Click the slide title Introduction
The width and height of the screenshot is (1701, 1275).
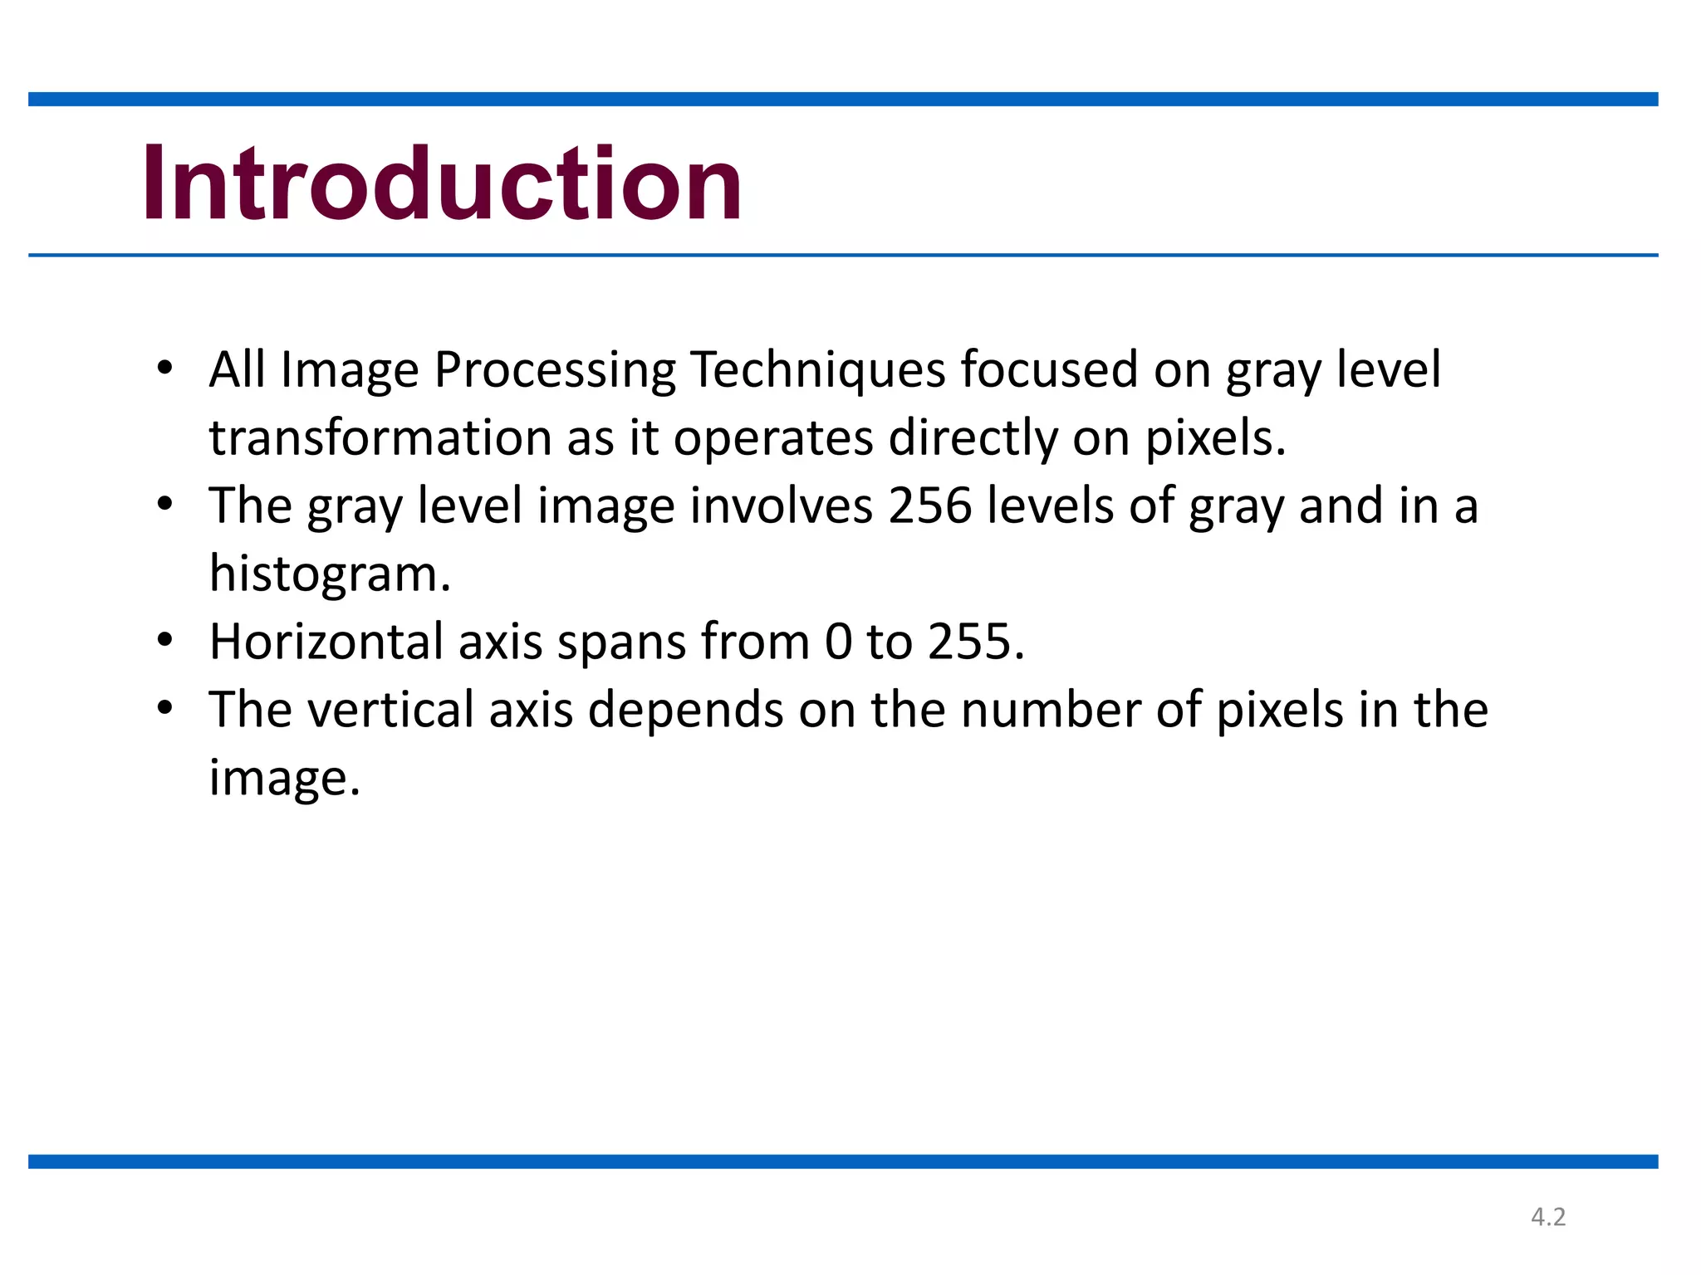[442, 184]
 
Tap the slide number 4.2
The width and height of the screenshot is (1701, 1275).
[1548, 1217]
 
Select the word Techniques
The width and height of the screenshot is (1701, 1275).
[817, 370]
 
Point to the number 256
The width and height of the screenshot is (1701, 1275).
[929, 506]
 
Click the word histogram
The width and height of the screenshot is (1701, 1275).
[330, 574]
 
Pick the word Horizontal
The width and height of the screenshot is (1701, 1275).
[326, 642]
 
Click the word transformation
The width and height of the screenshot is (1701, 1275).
[380, 438]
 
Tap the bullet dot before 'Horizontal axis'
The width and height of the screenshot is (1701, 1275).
[164, 639]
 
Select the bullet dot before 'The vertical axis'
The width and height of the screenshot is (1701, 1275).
[164, 707]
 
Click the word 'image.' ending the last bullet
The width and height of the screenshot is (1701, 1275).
[284, 779]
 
